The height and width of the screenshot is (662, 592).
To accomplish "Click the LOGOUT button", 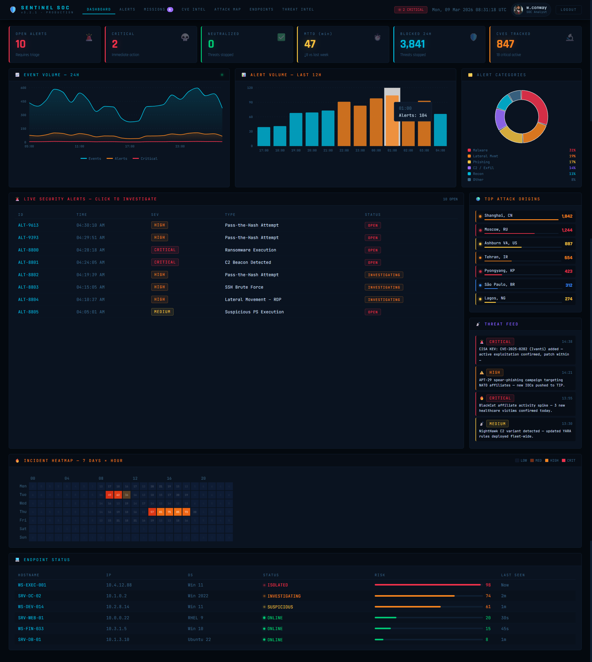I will coord(568,10).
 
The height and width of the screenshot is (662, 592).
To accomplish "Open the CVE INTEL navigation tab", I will coord(193,9).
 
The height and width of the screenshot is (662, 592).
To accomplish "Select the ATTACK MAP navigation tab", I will coord(228,9).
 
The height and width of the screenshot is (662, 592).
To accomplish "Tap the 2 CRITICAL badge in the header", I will coord(411,10).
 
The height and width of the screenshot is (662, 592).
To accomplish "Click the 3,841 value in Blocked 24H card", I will coord(413,44).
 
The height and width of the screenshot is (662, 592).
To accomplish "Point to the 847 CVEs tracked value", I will coord(505,44).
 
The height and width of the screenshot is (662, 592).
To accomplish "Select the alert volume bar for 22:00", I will coord(344,124).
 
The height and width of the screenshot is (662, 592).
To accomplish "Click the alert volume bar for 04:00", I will coord(440,130).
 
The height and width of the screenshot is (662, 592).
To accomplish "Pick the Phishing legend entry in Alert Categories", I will coord(481,162).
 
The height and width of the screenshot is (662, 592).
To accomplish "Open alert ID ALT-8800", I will coord(28,250).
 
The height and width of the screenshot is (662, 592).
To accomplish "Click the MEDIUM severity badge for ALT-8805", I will coord(162,312).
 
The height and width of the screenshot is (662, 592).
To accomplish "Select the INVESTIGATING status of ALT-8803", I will coord(384,287).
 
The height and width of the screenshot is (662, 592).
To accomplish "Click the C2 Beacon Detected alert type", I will coord(248,262).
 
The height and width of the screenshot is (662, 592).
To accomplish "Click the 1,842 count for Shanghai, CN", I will coord(567,216).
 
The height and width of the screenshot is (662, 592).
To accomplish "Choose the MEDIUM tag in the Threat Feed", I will coord(497,424).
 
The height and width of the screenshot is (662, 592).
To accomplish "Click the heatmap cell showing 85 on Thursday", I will coord(178,512).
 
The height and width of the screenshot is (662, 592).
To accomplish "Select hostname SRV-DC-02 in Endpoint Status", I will coord(30,596).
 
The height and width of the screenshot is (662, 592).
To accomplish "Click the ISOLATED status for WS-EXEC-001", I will coord(277,585).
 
